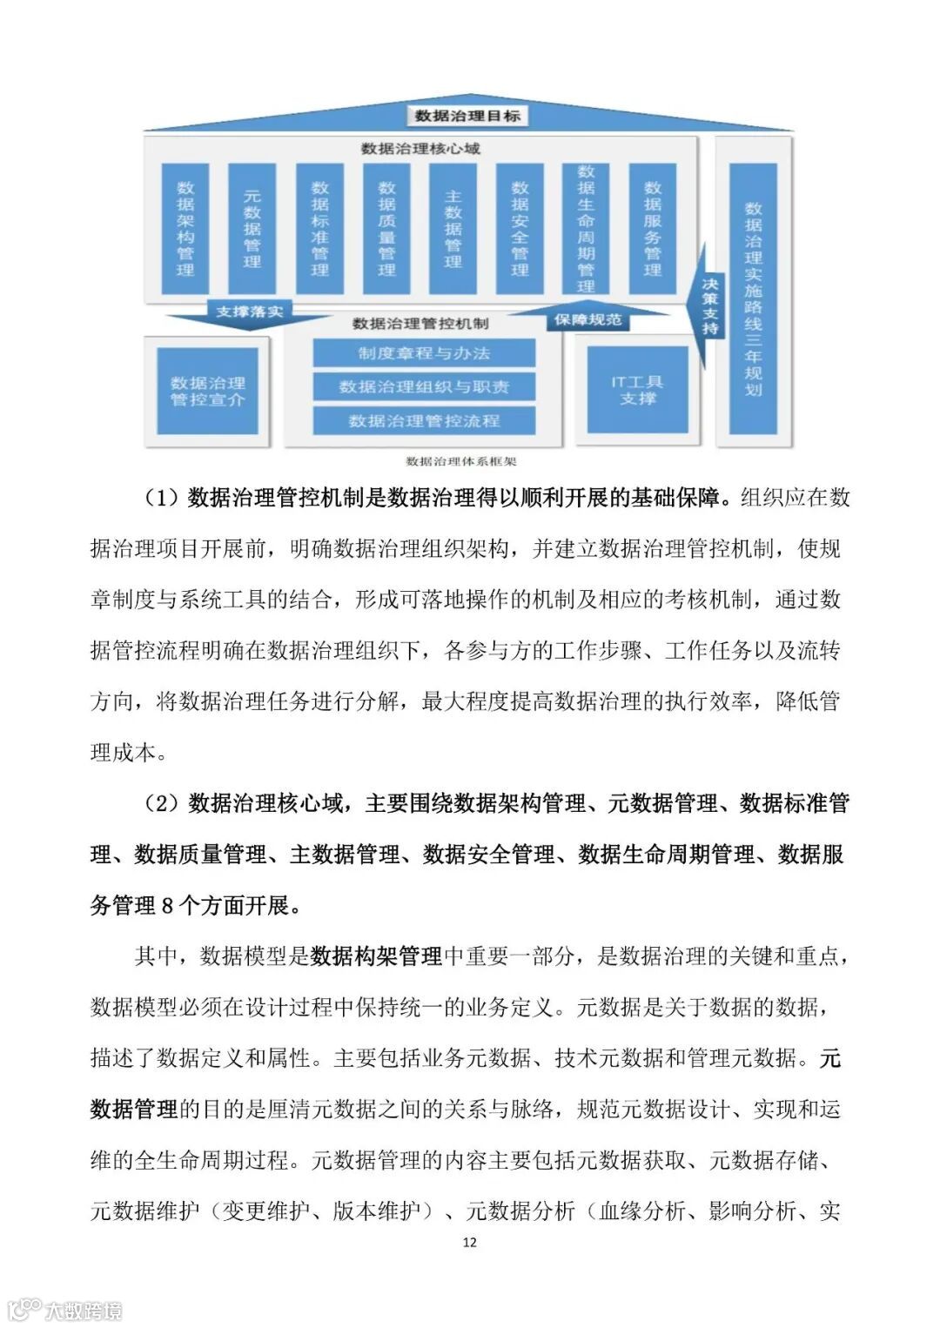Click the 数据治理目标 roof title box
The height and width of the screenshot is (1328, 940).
(467, 116)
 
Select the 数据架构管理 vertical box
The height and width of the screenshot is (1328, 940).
(185, 229)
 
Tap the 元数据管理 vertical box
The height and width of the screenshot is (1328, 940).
(252, 229)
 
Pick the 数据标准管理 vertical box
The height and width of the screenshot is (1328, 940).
(319, 229)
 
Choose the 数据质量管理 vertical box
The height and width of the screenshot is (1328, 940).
(386, 229)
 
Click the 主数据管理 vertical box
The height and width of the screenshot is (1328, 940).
(453, 229)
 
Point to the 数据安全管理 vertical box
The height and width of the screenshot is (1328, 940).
(520, 229)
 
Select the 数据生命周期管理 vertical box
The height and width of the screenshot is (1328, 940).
(586, 229)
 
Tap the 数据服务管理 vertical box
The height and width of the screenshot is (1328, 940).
(652, 229)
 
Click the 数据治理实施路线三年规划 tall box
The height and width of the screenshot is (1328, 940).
(753, 298)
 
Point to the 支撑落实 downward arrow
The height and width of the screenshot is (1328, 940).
(249, 312)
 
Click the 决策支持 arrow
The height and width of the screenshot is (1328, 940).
(710, 305)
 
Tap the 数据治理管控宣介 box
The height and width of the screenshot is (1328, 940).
(207, 391)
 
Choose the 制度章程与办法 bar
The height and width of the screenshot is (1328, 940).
(424, 353)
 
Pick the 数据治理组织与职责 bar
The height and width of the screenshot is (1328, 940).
(424, 386)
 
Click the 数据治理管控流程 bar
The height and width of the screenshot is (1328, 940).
(424, 420)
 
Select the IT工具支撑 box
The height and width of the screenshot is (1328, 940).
(637, 390)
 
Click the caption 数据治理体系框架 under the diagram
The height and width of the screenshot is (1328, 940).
(460, 461)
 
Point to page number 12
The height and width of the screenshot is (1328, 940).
(470, 1242)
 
